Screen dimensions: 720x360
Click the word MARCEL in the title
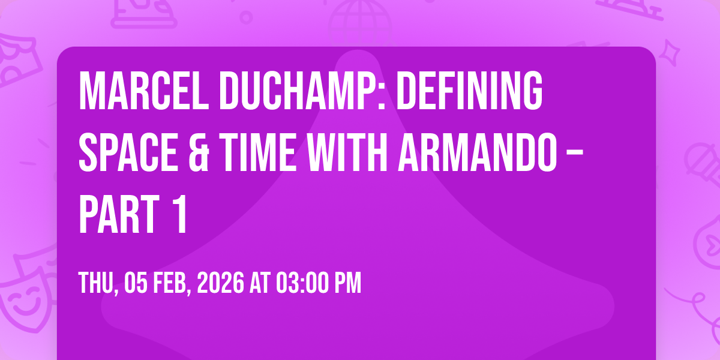[x=143, y=91]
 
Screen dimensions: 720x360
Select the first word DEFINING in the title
[x=469, y=91]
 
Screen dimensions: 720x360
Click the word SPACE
[x=128, y=152]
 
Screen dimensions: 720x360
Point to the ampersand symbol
[x=199, y=152]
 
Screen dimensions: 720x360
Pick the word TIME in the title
[x=259, y=152]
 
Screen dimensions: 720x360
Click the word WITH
[x=347, y=152]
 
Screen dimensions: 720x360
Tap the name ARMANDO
[x=478, y=152]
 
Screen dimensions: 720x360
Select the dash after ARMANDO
[x=575, y=155]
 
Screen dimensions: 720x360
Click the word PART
[x=119, y=214]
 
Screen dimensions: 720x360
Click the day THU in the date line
[x=98, y=283]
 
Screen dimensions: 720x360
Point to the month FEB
[x=172, y=283]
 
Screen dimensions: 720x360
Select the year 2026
[x=221, y=283]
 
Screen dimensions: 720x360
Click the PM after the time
[x=348, y=283]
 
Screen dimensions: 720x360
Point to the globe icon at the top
[x=361, y=23]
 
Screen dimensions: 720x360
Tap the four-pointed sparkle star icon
[x=670, y=52]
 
